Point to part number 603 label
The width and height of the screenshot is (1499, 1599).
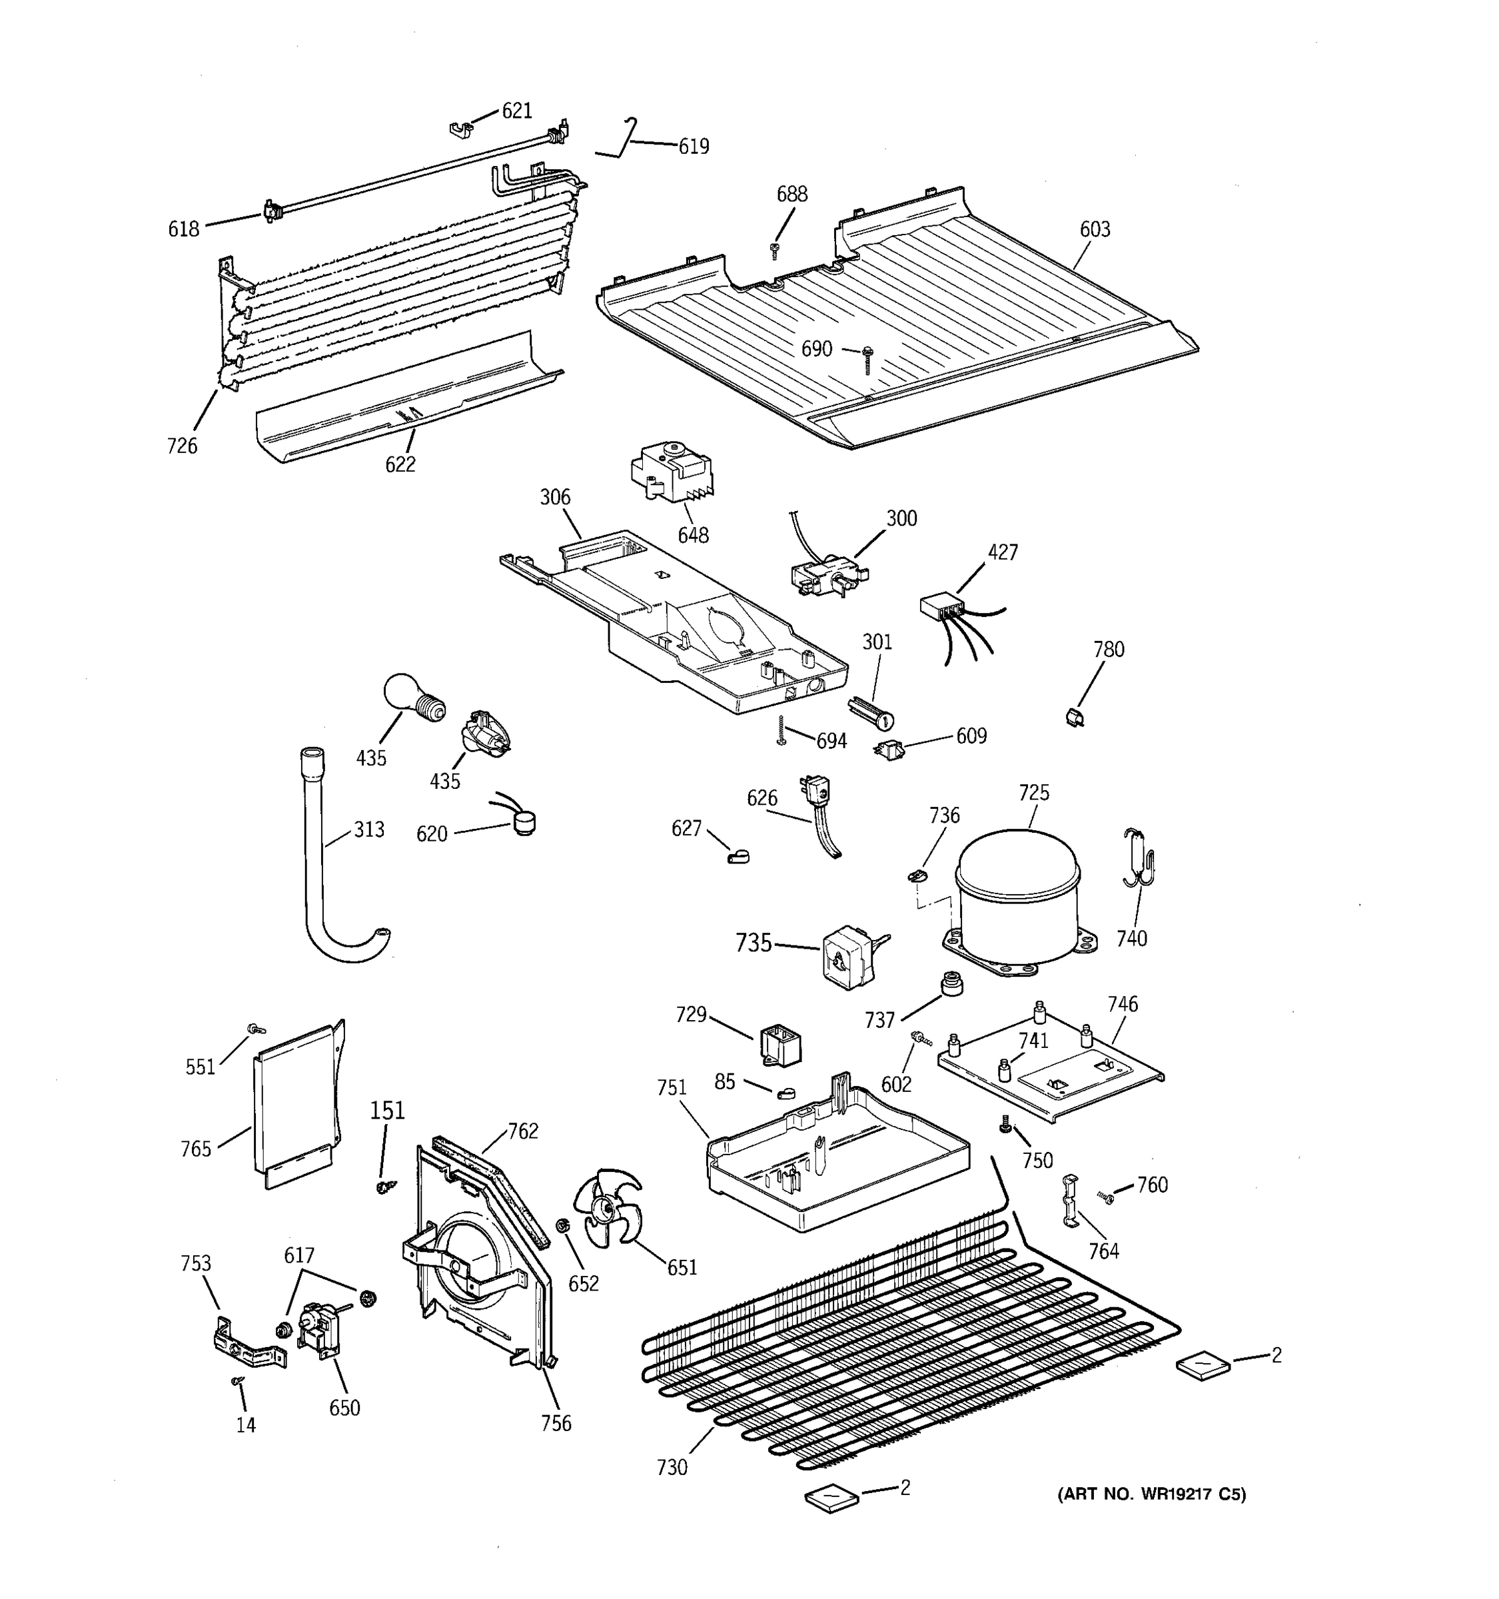(x=1095, y=229)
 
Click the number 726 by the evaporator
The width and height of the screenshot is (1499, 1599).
(x=182, y=446)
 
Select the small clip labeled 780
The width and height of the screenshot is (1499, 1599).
(x=1075, y=716)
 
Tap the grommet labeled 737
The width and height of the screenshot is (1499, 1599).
(x=952, y=983)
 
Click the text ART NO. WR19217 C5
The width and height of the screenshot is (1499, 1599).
(x=1151, y=1494)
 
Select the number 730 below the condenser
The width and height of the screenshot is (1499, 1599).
(x=672, y=1468)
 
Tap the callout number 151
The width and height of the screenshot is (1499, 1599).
(x=387, y=1110)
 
